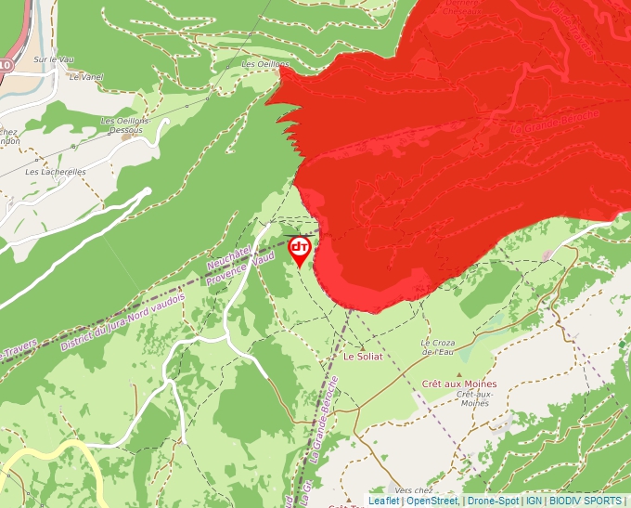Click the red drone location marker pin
pyautogui.click(x=300, y=249)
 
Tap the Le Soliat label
pyautogui.click(x=363, y=356)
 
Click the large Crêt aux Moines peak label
pyautogui.click(x=458, y=384)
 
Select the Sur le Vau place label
pyautogui.click(x=53, y=59)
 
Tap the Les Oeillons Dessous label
pyautogui.click(x=122, y=125)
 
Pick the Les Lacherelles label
pyautogui.click(x=56, y=172)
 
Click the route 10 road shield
pyautogui.click(x=5, y=65)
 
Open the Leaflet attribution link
pyautogui.click(x=383, y=501)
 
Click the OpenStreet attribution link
pyautogui.click(x=432, y=501)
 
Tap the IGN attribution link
pyautogui.click(x=534, y=501)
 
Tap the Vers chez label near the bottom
pyautogui.click(x=414, y=489)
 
